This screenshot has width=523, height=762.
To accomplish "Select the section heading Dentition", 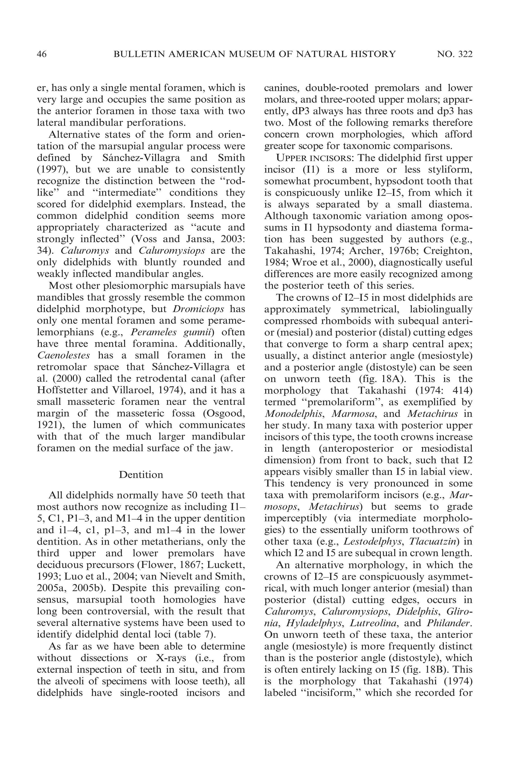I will (141, 474).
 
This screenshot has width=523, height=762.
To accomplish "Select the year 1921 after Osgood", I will (47, 425).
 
